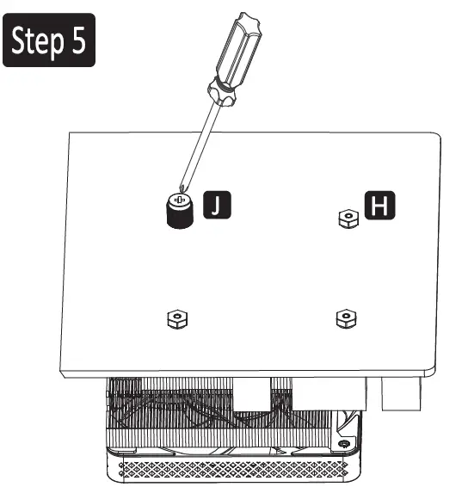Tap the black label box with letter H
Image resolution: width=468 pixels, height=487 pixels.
coord(377,206)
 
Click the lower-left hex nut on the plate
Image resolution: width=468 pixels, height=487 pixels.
coord(177,319)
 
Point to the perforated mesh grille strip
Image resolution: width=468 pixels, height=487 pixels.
coord(232,470)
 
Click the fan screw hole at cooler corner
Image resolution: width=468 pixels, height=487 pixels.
coord(345,443)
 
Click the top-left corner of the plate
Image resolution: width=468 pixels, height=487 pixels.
coord(68,131)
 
